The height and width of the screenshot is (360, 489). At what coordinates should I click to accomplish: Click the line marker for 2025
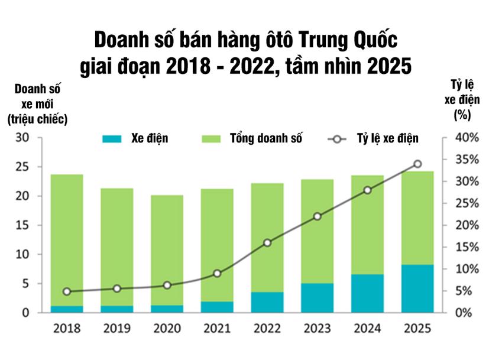coord(417,164)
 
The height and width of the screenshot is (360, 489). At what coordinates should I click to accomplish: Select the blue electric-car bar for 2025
coord(417,288)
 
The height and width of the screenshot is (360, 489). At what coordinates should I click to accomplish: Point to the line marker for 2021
coord(217,273)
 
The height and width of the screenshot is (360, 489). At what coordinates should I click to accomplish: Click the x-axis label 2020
coord(167,328)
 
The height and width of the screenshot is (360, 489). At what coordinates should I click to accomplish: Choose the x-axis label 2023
coord(317,328)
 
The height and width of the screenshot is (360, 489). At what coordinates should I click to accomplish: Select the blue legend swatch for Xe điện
coord(112,139)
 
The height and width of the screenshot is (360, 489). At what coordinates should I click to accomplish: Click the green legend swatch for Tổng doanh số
coord(211,139)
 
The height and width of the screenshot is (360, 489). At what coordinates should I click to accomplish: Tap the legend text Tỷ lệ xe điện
coord(387,139)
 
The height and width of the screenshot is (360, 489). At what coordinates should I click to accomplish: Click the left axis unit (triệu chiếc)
coord(37,119)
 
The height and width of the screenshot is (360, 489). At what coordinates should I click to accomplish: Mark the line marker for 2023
coord(317,216)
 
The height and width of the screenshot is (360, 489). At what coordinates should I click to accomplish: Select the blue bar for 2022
coord(267,301)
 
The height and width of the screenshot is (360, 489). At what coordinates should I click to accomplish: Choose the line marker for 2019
coord(116,288)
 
